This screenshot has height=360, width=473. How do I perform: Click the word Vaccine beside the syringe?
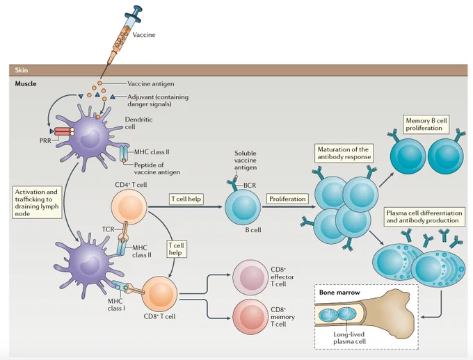(144, 35)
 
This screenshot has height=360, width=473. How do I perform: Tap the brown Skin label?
(22, 70)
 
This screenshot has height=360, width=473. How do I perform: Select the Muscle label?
(26, 83)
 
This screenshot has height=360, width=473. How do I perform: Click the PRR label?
(45, 140)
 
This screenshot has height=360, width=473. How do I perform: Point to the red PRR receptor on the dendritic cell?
(62, 131)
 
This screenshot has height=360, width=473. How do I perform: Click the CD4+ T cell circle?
(129, 207)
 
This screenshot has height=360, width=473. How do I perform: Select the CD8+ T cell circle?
(159, 294)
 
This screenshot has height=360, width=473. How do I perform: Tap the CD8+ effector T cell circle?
(250, 277)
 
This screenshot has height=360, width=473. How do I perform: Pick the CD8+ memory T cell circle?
(250, 317)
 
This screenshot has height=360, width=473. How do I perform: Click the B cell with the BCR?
(243, 207)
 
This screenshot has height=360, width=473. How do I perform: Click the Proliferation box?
(287, 199)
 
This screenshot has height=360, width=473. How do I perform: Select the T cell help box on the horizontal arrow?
(186, 199)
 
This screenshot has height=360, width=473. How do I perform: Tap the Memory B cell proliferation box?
(426, 124)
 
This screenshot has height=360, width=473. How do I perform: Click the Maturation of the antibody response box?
(343, 153)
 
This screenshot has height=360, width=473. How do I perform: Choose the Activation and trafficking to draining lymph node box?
(37, 203)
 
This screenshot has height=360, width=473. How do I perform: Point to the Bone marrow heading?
(339, 292)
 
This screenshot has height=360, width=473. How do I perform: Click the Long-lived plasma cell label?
(349, 338)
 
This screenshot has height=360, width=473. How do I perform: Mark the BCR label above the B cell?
(250, 185)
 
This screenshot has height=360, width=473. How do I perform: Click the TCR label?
(108, 229)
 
